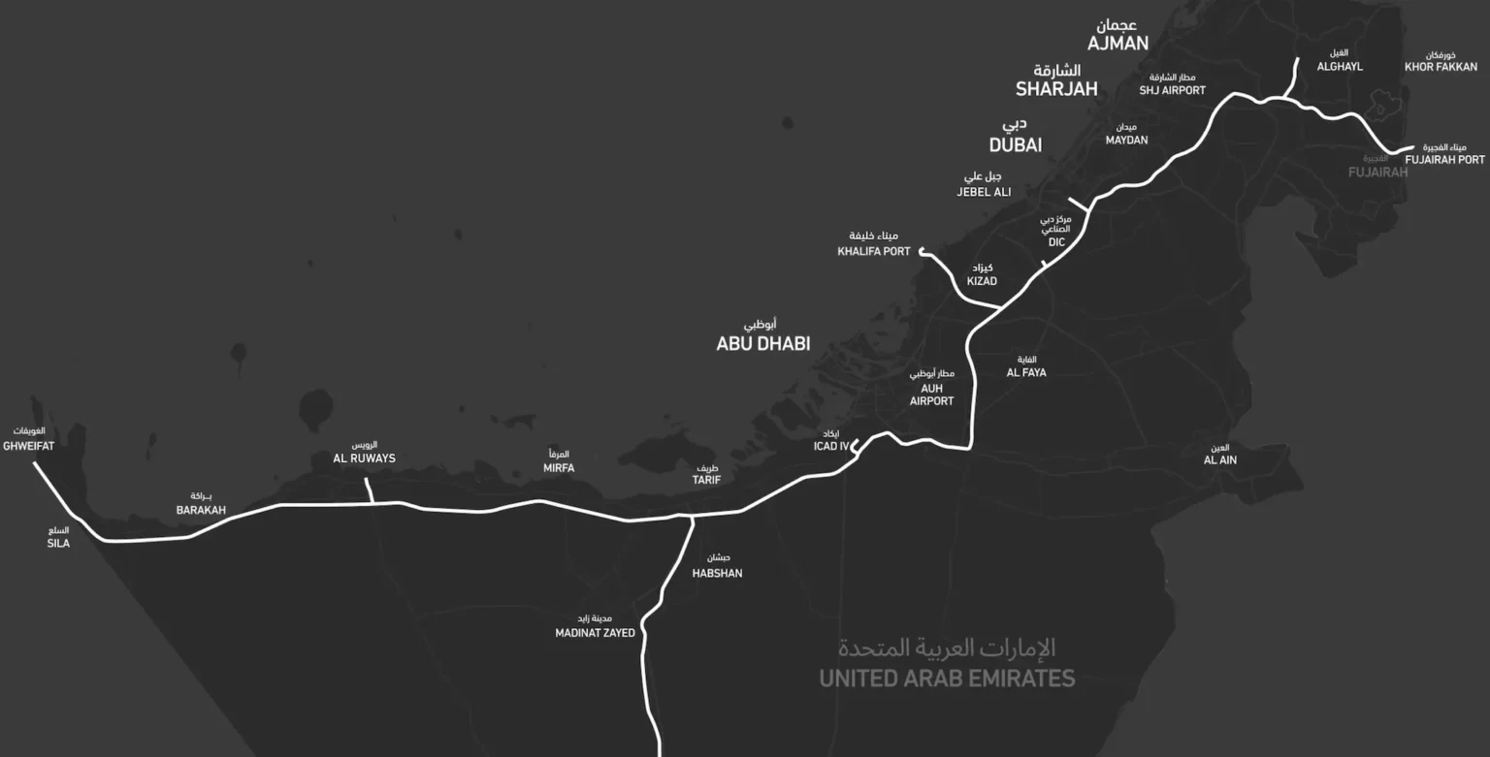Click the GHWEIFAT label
[x=28, y=446]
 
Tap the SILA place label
[x=58, y=543]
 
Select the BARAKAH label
[x=201, y=510]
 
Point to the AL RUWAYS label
[x=364, y=458]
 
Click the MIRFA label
[x=559, y=468]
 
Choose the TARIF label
[x=706, y=480]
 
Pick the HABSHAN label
[x=717, y=573]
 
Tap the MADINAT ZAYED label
[x=595, y=633]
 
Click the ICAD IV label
[x=830, y=447]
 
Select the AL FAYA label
[x=1026, y=372]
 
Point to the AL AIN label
[x=1219, y=460]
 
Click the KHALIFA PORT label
[x=874, y=251]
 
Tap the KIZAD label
[x=982, y=281]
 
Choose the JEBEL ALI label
[x=984, y=192]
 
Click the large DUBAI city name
[x=1016, y=145]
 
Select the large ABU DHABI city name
[x=762, y=344]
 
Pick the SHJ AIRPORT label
[x=1172, y=90]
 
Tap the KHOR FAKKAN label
[x=1441, y=67]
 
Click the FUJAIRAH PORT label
[x=1444, y=160]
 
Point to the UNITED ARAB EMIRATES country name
[x=947, y=678]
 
